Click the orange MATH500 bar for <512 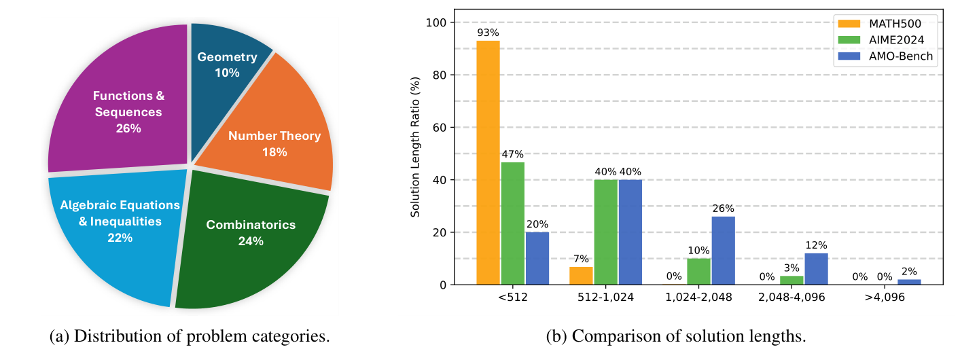(488, 163)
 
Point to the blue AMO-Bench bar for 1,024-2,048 (723, 251)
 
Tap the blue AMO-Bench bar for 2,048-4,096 (816, 269)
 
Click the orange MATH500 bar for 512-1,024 (581, 276)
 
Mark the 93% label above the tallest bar (488, 32)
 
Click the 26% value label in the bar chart (723, 208)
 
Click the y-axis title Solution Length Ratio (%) (415, 154)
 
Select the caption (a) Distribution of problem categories (190, 336)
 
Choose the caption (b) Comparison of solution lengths (677, 336)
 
